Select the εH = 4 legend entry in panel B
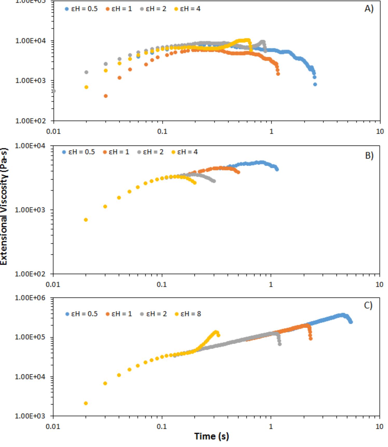185,152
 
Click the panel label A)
369,9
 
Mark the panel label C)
368,305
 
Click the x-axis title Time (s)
212,436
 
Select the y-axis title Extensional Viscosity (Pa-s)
4,206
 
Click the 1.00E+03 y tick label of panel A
30,80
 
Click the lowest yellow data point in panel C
86,403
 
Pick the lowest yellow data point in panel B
86,220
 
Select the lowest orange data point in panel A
106,96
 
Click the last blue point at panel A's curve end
315,84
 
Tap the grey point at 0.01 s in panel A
54,91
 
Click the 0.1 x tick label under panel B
162,284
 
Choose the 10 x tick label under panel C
379,426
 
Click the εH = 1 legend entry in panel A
119,9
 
